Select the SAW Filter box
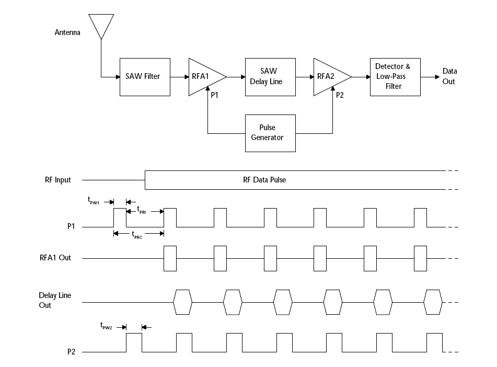click(x=145, y=77)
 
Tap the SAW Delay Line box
click(x=270, y=77)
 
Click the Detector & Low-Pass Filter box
click(x=395, y=77)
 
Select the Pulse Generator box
click(x=270, y=133)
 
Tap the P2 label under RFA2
click(x=340, y=95)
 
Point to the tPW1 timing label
click(x=94, y=200)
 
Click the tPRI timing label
click(x=141, y=209)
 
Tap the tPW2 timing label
click(x=107, y=325)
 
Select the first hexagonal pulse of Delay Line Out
click(x=183, y=302)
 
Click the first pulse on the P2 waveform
click(x=134, y=342)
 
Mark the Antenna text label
click(x=67, y=33)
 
